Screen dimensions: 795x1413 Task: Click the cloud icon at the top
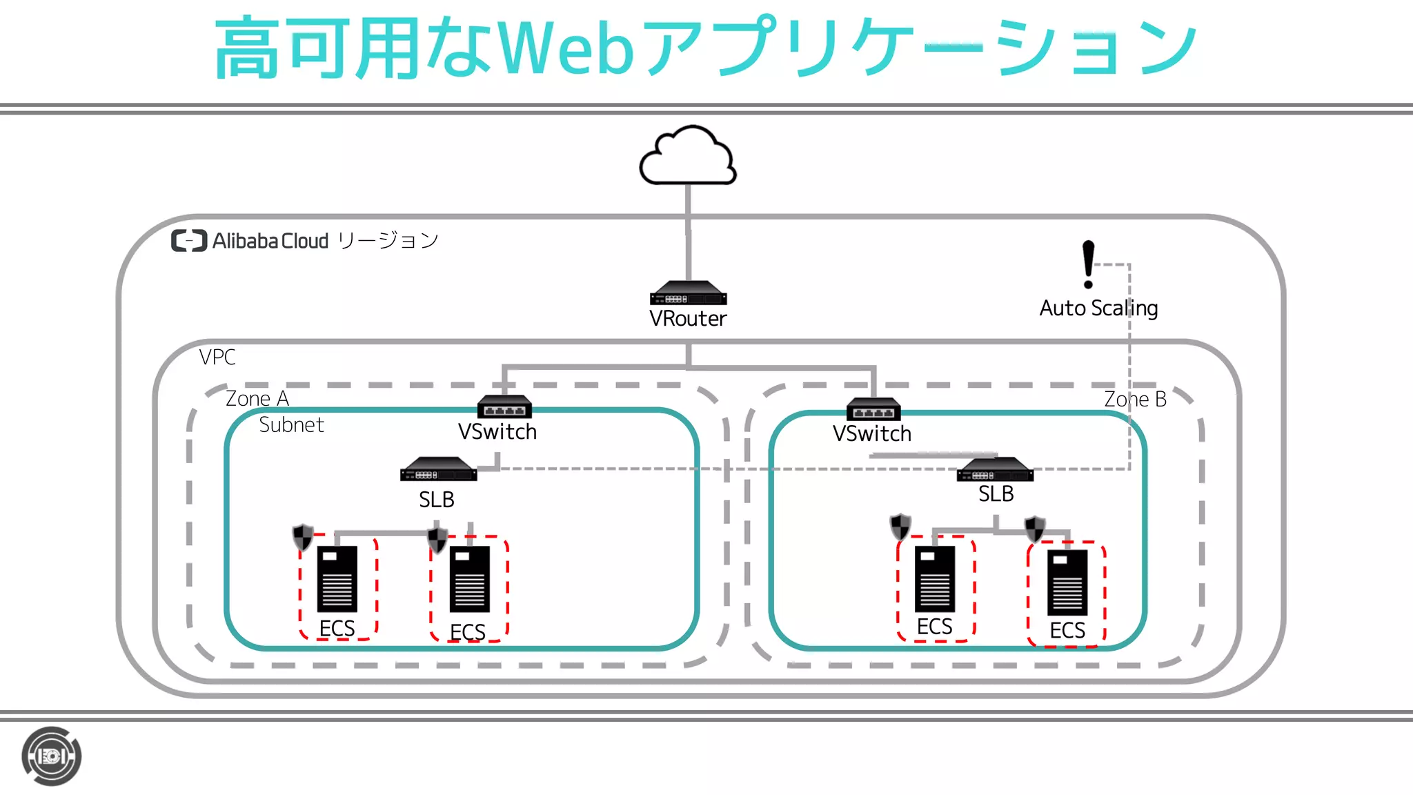[688, 157]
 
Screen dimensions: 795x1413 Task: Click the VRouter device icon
[688, 294]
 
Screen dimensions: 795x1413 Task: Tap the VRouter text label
[688, 319]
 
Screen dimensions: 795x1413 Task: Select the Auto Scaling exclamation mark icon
[1088, 264]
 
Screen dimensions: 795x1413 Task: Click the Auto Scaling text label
[1098, 308]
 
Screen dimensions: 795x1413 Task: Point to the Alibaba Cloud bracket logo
[189, 241]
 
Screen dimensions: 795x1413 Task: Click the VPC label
[217, 357]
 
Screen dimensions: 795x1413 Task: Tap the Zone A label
[257, 399]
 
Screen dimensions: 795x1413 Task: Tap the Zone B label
[1135, 400]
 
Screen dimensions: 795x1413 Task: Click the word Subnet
[291, 425]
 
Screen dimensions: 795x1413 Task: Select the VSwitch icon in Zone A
[504, 406]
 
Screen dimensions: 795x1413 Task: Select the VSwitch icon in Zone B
[873, 409]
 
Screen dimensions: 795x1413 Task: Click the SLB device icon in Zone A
[438, 470]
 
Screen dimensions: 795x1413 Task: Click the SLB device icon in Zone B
[995, 470]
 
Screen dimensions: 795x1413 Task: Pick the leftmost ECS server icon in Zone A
[337, 579]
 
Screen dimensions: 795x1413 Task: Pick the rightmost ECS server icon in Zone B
[1067, 582]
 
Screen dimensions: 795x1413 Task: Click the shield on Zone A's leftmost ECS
[303, 537]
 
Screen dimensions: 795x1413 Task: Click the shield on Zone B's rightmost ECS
[1034, 529]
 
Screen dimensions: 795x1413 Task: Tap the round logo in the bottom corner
[52, 756]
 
